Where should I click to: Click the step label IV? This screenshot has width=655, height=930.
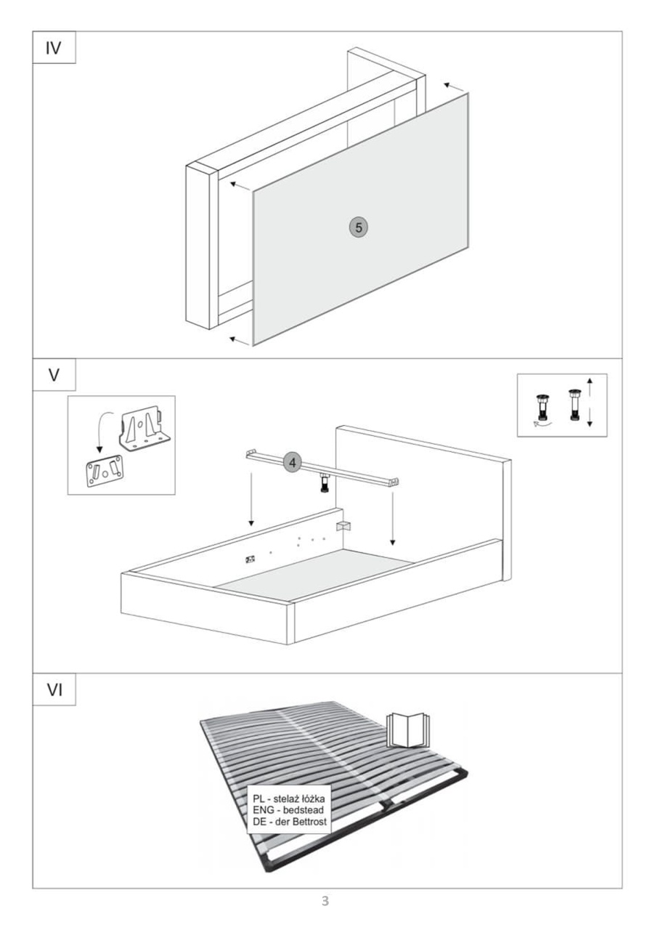tap(54, 48)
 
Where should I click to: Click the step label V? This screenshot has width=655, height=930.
tap(54, 375)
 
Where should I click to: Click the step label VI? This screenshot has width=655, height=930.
tap(54, 690)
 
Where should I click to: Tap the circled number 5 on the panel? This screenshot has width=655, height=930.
tap(359, 227)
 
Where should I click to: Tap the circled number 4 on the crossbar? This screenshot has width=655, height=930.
tap(293, 463)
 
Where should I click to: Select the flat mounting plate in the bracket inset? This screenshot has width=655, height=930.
tap(105, 470)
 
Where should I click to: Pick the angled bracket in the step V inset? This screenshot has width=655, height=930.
tap(145, 428)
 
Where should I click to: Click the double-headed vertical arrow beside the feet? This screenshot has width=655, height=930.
tap(590, 403)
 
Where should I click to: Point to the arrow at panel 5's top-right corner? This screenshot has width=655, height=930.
tap(454, 87)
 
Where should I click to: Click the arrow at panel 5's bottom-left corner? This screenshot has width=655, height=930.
tap(240, 341)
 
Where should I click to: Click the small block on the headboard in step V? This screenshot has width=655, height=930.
tap(343, 526)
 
